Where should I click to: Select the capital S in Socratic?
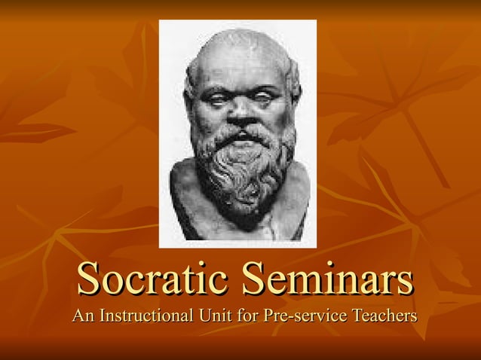coord(89,279)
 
